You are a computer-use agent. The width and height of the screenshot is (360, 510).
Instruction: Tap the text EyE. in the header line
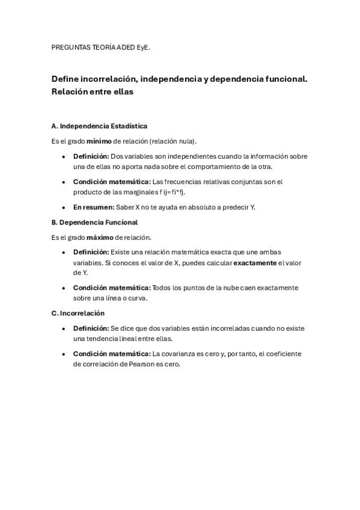coord(142,45)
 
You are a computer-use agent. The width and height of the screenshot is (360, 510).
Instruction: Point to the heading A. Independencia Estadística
coord(99,126)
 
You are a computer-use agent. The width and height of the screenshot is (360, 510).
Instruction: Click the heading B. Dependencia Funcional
coord(94,222)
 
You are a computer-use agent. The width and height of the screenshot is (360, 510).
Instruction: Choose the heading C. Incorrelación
coord(78,313)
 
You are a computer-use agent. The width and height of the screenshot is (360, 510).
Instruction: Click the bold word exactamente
coord(255,263)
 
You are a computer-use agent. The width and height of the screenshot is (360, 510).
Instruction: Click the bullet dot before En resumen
coord(64,207)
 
